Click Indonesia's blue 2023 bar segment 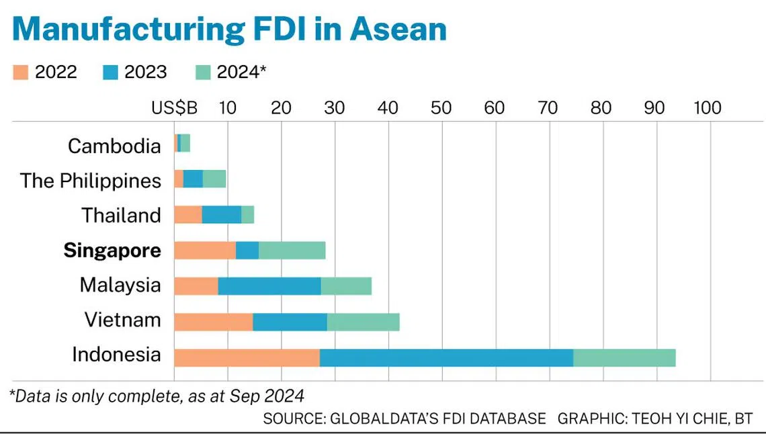click(x=447, y=358)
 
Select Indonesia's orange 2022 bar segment click(x=247, y=358)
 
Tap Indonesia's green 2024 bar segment click(x=624, y=358)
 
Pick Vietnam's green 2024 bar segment click(x=364, y=322)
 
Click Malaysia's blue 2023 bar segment click(x=269, y=286)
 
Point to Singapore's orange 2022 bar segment click(x=205, y=251)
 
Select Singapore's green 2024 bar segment click(x=292, y=251)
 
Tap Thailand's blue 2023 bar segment click(x=222, y=215)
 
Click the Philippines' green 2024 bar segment click(x=214, y=179)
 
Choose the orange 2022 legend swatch click(x=21, y=73)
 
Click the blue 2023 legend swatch click(x=110, y=73)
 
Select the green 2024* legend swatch click(x=203, y=73)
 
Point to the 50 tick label click(x=441, y=108)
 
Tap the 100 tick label click(x=708, y=108)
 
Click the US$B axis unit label click(x=175, y=108)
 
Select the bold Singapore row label click(x=112, y=251)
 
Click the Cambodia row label click(x=114, y=146)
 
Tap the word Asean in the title click(x=398, y=29)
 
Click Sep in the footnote click(x=245, y=396)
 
